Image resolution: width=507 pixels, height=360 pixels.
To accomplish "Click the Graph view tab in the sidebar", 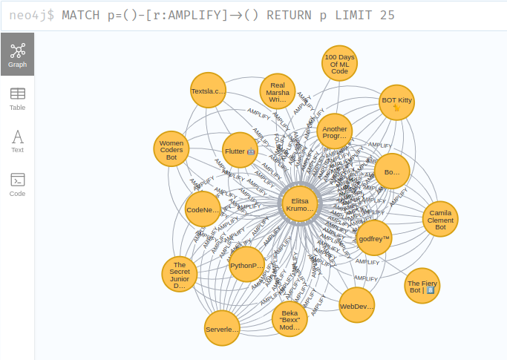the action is tap(17, 54).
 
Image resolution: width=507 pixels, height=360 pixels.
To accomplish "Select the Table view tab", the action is tap(17, 97).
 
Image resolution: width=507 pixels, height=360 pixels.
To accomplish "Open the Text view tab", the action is tap(17, 140).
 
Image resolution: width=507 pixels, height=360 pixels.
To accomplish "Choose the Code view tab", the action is tap(17, 183).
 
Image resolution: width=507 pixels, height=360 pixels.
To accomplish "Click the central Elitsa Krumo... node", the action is tap(300, 205).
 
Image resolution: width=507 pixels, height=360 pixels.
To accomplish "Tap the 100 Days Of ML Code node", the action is tap(339, 63).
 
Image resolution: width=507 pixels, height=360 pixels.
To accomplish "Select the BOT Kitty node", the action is tap(396, 102).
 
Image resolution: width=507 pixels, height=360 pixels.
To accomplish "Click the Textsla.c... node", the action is tap(209, 91).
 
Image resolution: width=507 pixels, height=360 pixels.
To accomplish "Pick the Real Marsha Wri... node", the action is tap(278, 91).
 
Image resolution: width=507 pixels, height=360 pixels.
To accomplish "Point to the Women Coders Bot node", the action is tap(171, 149).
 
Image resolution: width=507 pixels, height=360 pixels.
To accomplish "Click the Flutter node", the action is tap(240, 151).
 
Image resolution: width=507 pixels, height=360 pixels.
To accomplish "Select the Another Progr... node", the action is tap(335, 132).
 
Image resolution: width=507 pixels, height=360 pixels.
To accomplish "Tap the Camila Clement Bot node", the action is tap(440, 218).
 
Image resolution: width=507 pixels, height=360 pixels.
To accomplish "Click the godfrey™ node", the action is tap(373, 239).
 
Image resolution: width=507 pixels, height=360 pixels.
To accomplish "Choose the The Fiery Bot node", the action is tap(422, 286).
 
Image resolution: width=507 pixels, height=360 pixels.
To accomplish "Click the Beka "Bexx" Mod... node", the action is tap(290, 319).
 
